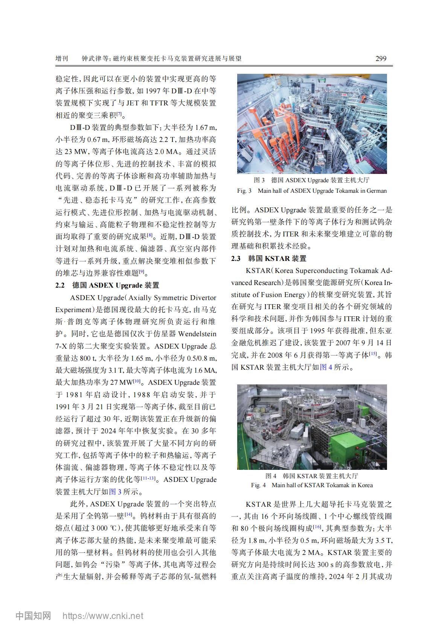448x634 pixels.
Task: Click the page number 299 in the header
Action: (x=381, y=58)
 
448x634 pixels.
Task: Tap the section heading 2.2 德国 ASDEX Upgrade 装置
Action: (x=107, y=285)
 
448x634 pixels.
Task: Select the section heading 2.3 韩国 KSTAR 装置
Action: (x=268, y=258)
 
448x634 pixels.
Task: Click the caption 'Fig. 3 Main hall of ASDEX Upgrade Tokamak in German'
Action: (x=312, y=191)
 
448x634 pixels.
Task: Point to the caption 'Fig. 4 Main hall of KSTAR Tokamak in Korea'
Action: (x=312, y=485)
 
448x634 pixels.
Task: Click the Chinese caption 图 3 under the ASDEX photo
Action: (x=312, y=180)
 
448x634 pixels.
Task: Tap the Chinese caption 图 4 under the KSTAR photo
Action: (x=312, y=475)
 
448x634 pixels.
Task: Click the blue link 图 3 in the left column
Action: (x=115, y=491)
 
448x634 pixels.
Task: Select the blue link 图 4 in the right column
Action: (x=326, y=367)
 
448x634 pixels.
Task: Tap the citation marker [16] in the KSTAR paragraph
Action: (x=317, y=527)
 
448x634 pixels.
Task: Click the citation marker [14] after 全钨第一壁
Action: (x=128, y=514)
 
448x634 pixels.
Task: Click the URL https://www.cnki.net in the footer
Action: (x=102, y=616)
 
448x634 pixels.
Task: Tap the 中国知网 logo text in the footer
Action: (x=33, y=616)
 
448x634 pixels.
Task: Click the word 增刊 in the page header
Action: (x=62, y=59)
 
